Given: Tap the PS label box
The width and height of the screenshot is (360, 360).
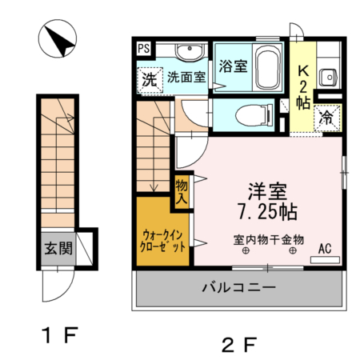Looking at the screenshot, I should point(143,49).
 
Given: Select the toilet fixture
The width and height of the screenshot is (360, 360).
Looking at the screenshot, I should point(251,114).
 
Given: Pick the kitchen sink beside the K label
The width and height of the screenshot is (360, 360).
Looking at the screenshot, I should point(328,78).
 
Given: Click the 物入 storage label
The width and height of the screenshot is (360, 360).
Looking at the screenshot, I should point(182,192).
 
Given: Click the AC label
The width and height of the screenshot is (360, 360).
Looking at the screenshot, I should point(326,249).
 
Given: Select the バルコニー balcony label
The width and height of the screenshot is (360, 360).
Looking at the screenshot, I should point(238,286).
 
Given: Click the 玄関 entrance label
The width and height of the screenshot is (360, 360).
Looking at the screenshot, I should point(57,249).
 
